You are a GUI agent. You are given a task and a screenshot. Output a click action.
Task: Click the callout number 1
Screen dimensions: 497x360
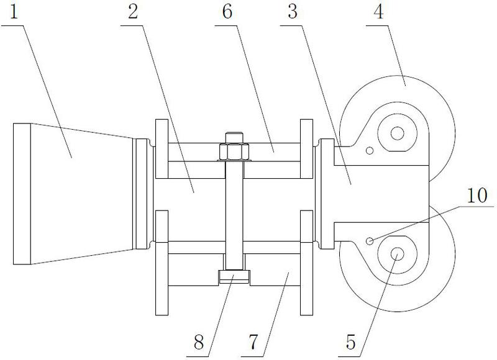click(x=14, y=12)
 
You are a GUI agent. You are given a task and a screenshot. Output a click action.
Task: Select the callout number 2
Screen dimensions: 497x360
click(x=133, y=12)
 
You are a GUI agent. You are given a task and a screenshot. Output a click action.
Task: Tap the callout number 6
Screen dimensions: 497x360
click(x=227, y=12)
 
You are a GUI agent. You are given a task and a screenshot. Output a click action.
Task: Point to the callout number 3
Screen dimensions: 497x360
click(x=293, y=12)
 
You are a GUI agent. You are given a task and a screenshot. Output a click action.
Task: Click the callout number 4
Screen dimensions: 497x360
click(x=379, y=12)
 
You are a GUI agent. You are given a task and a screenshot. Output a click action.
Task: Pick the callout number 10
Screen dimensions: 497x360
click(x=477, y=195)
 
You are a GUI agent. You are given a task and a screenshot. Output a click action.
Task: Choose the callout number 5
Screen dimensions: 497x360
click(x=350, y=342)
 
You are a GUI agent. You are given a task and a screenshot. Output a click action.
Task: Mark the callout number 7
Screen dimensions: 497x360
click(x=254, y=342)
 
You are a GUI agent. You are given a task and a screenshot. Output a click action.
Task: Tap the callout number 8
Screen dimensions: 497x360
click(x=199, y=342)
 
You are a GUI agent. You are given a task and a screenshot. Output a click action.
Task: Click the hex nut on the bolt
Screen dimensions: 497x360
click(x=234, y=152)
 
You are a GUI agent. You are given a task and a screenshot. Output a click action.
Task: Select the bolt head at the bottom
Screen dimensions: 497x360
click(x=234, y=276)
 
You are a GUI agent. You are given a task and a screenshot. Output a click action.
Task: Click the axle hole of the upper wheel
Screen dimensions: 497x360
click(x=397, y=133)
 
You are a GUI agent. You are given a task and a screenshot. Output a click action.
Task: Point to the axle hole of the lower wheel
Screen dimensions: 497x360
click(x=397, y=254)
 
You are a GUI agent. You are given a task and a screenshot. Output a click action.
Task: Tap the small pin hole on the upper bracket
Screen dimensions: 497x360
click(x=370, y=151)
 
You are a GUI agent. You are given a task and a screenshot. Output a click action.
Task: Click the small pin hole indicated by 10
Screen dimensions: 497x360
click(x=370, y=241)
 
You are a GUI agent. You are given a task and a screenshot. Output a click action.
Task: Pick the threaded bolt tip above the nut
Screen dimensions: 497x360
click(x=234, y=138)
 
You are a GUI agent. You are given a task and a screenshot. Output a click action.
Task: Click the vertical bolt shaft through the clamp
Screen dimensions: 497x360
click(x=234, y=215)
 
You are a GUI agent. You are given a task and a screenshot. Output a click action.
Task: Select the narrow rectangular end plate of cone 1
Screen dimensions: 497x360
click(x=22, y=194)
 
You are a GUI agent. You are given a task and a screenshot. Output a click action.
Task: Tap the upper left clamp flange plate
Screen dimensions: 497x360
click(x=162, y=148)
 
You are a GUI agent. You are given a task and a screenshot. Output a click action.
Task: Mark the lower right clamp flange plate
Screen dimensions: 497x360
click(x=306, y=263)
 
